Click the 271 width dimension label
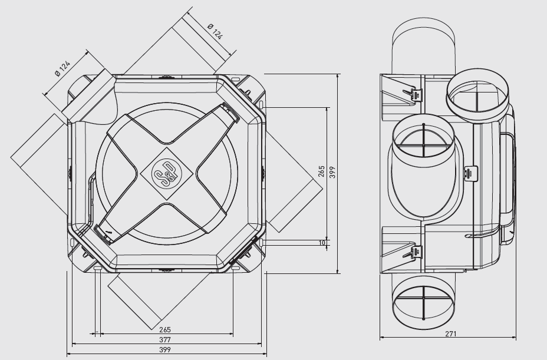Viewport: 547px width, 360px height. click(x=451, y=333)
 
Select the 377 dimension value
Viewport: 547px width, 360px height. click(x=164, y=339)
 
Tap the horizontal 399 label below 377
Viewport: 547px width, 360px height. click(x=164, y=349)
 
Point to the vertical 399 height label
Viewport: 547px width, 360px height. click(x=332, y=172)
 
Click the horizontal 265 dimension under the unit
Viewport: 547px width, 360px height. click(x=164, y=329)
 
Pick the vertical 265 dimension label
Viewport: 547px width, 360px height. click(x=322, y=171)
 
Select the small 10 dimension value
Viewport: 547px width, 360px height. click(x=322, y=243)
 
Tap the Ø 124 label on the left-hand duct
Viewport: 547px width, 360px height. click(x=63, y=68)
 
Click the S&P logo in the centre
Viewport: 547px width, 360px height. click(x=167, y=173)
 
